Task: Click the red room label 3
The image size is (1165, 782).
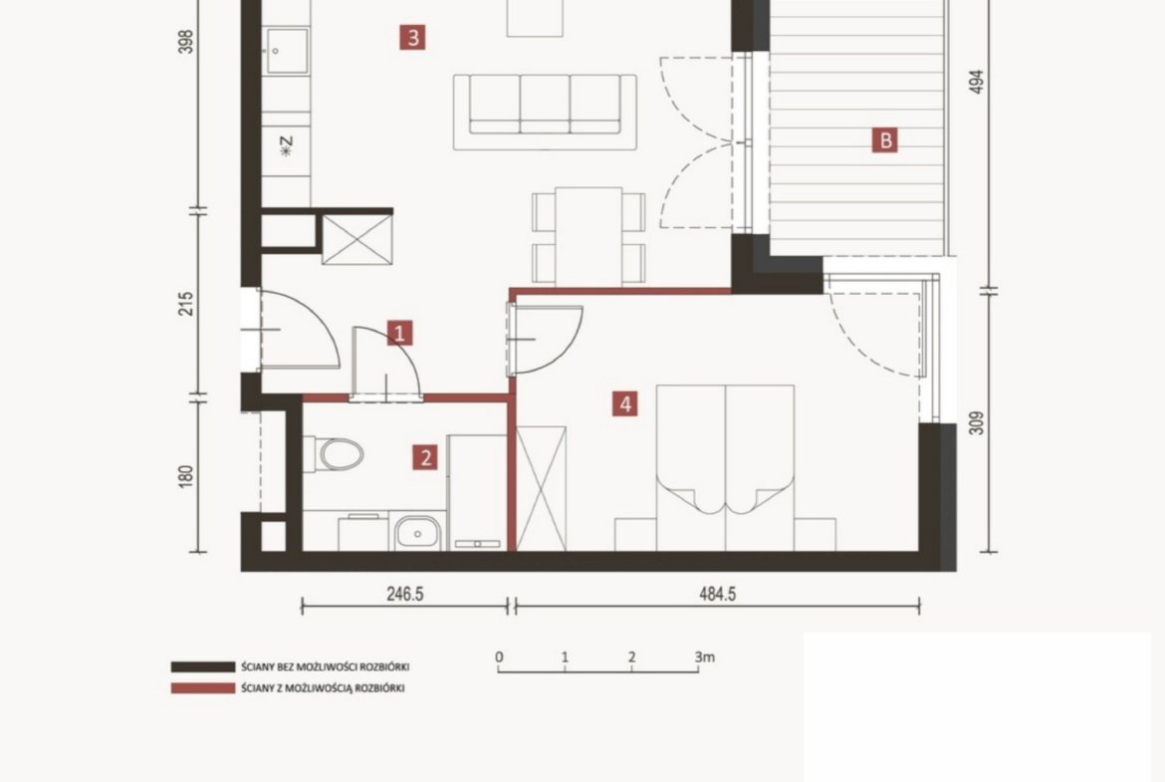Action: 413,37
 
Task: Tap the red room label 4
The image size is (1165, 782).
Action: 625,404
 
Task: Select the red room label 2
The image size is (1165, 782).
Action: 425,457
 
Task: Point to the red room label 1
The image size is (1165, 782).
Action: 399,333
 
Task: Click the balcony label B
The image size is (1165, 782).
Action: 885,139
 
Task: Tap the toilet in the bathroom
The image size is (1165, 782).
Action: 334,454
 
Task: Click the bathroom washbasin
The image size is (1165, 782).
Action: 417,533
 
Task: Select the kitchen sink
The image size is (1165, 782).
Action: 286,51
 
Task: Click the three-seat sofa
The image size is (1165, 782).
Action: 546,112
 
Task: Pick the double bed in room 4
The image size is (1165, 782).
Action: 725,467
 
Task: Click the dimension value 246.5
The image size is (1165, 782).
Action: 405,595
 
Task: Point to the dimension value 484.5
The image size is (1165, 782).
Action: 717,595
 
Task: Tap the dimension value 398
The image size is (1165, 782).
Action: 186,42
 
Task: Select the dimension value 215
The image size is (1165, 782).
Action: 186,304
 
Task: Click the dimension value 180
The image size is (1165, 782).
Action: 186,476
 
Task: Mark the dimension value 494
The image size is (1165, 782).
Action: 977,82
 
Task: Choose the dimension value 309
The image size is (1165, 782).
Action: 977,423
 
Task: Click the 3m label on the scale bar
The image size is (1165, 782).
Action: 704,657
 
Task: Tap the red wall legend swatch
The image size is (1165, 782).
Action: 202,688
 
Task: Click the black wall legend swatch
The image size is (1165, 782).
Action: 202,666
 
